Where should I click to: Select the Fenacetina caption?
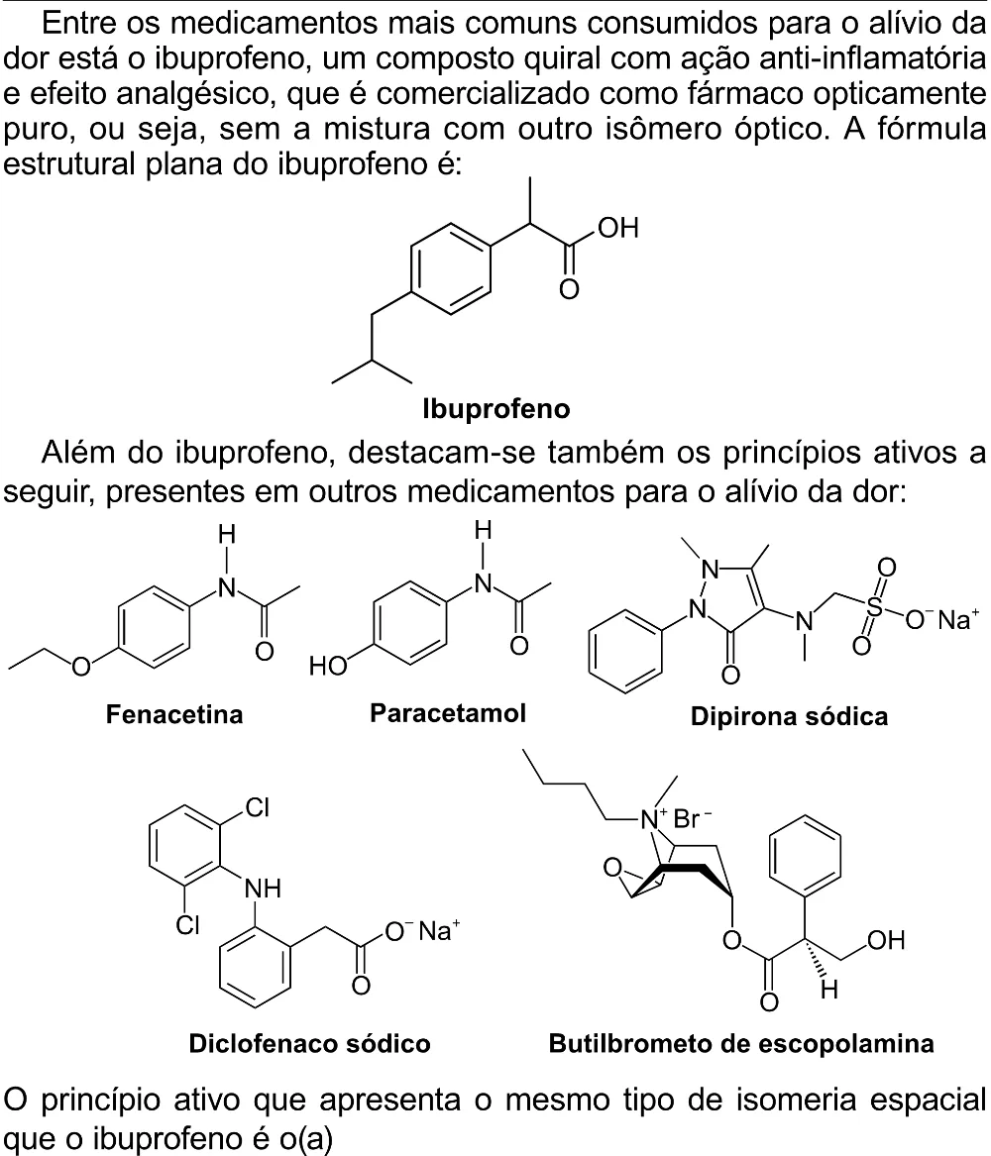174,714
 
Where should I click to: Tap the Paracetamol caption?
448,713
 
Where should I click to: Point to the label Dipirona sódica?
789,716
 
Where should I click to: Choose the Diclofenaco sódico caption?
309,1043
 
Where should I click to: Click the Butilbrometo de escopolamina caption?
742,1043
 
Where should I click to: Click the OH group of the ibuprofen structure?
618,228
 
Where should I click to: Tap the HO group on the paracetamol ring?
328,666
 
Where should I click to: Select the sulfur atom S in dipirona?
874,606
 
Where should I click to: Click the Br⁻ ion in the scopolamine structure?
693,818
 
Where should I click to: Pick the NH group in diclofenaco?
264,888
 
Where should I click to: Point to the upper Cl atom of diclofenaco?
258,808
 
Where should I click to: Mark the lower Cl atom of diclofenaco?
187,924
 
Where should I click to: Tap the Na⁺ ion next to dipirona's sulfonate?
958,618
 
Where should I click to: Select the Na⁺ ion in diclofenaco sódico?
439,930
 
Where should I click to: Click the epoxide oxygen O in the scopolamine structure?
612,867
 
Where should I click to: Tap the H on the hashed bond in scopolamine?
829,990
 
